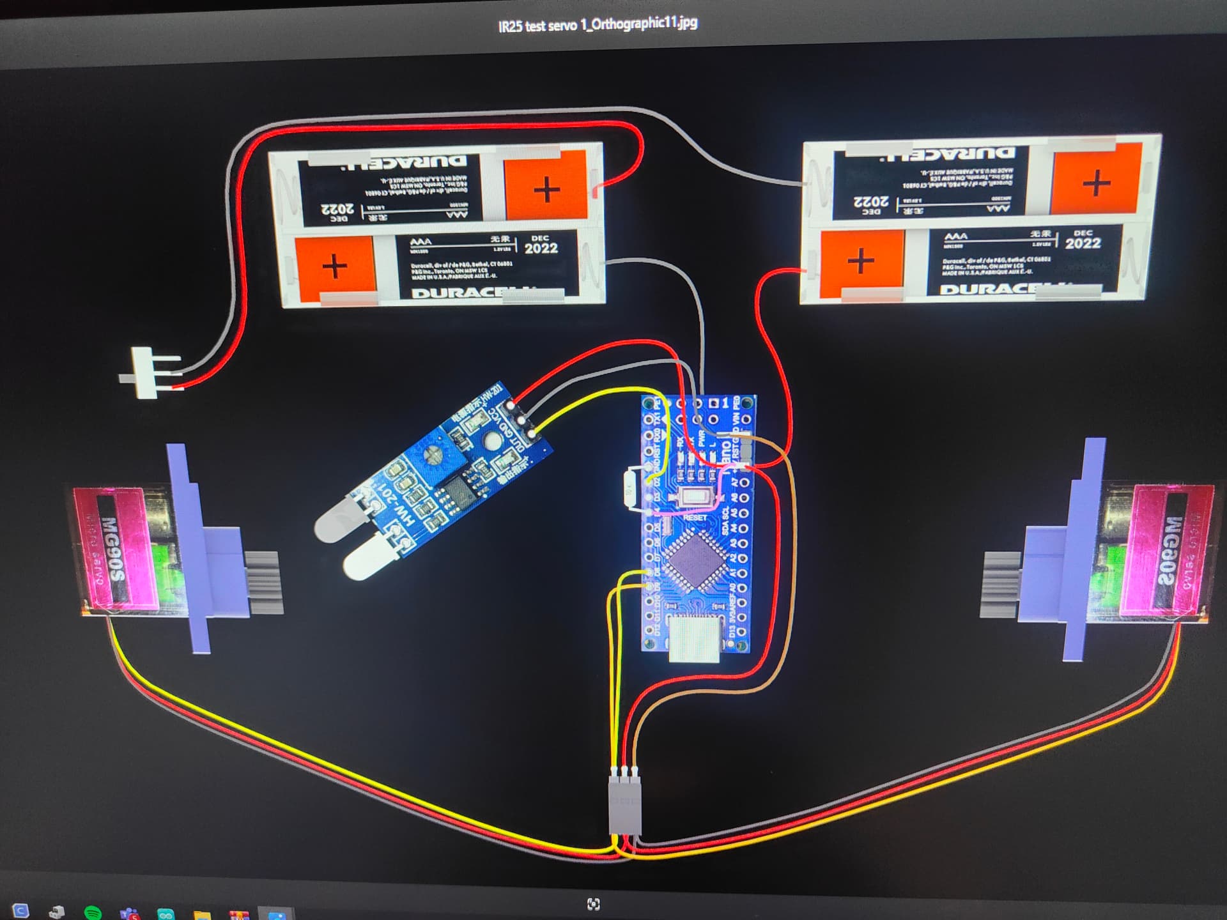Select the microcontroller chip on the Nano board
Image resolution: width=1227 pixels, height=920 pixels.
pos(695,560)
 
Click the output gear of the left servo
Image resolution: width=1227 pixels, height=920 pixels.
pos(263,582)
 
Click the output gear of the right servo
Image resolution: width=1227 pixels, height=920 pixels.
pos(999,584)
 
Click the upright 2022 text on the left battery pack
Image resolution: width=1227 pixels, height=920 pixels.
pos(541,248)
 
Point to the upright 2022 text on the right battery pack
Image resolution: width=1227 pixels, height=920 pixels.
pos(1083,243)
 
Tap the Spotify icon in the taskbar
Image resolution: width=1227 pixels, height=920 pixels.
pos(93,912)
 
